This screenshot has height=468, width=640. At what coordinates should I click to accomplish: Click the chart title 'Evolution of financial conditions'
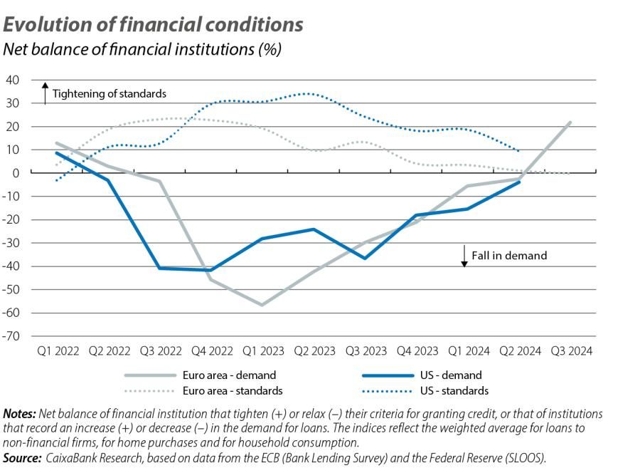[x=154, y=24]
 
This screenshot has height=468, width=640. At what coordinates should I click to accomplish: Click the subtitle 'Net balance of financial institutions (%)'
[x=143, y=49]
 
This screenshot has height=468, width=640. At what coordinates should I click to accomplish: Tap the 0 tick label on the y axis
[x=16, y=173]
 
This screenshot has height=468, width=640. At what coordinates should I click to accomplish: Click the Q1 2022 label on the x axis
[x=58, y=351]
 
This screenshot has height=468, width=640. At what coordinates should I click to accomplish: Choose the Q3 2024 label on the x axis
[x=570, y=351]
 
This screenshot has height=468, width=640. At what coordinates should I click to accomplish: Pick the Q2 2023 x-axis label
[x=314, y=351]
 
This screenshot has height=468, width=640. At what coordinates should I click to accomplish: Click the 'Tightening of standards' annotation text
[x=110, y=93]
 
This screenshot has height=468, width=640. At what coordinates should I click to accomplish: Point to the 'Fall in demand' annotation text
[x=509, y=255]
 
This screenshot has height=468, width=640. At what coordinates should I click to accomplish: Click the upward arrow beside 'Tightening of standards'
[x=45, y=93]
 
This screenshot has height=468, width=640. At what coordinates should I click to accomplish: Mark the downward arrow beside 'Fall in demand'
[x=464, y=256]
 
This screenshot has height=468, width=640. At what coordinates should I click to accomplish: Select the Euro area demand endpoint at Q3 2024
[x=570, y=122]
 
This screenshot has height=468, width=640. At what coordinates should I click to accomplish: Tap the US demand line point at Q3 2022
[x=159, y=268]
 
